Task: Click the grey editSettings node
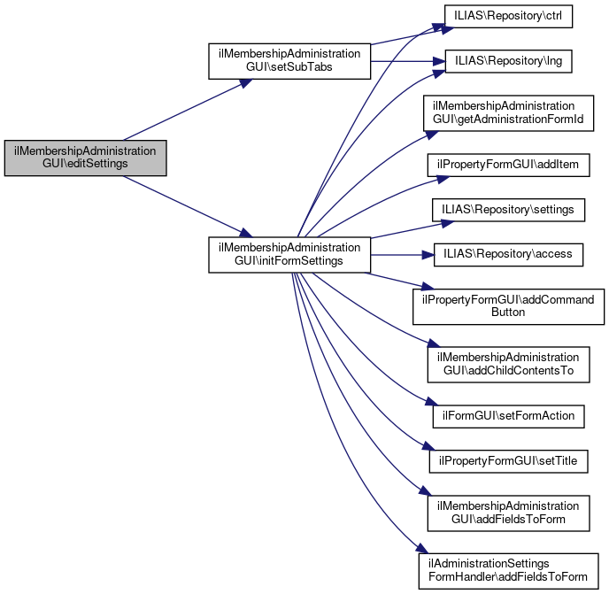[85, 157]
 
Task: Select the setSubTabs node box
[289, 60]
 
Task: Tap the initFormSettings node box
[289, 254]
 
